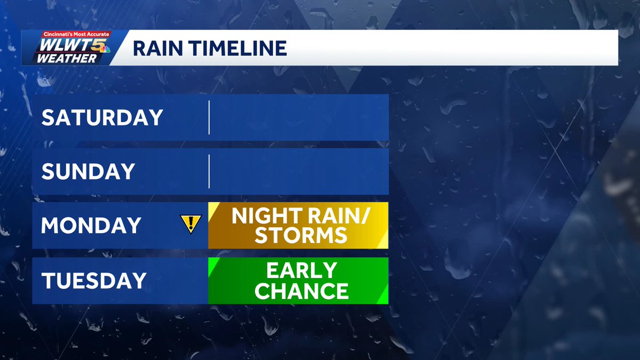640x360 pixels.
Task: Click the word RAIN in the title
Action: click(x=156, y=48)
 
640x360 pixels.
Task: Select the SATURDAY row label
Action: click(x=102, y=117)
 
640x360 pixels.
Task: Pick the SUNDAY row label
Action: click(x=88, y=171)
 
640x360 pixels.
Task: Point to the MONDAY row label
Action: click(x=90, y=226)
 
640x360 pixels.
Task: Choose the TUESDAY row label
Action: click(x=94, y=281)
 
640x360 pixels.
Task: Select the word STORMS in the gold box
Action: click(x=301, y=235)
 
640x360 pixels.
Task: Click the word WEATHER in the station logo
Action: click(x=67, y=59)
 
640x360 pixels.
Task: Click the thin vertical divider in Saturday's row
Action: click(x=209, y=117)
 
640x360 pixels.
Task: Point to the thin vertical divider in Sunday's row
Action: click(x=209, y=171)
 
